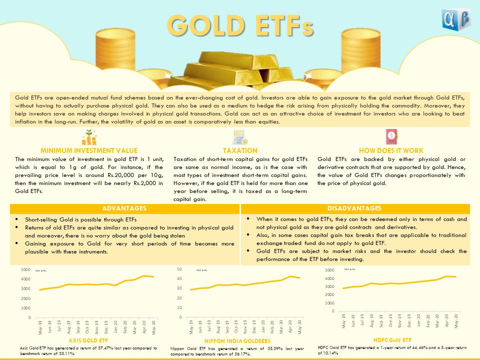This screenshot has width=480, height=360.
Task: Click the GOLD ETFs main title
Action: pos(240,24)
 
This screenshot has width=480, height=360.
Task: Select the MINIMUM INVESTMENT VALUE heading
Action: pos(89,150)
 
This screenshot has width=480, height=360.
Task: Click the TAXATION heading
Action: pos(240,150)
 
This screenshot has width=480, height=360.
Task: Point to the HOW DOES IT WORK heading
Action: pos(391,150)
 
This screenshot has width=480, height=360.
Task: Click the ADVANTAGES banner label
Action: pos(124,208)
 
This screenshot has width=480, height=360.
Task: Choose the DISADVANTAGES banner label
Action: pos(355,208)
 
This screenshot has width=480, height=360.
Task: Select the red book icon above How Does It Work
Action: pos(391,136)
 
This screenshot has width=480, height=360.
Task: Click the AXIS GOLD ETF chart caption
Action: pos(88,340)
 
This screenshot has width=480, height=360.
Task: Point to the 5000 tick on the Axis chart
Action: pos(24,269)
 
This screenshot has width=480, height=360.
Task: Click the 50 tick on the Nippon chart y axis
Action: pos(178,269)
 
